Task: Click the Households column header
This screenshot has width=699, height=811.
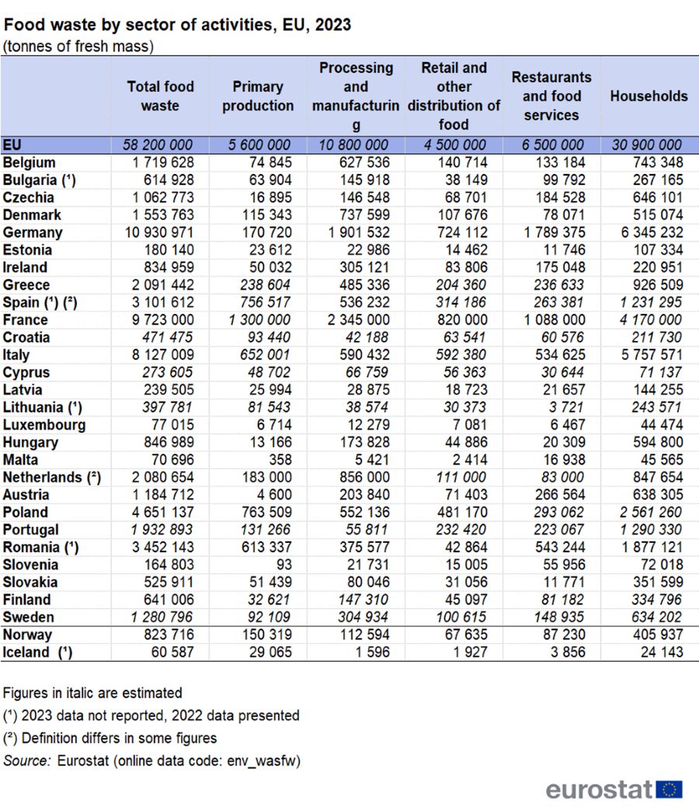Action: click(x=649, y=96)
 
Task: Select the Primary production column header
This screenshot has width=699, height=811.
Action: click(x=258, y=96)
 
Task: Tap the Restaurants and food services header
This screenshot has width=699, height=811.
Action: click(x=551, y=96)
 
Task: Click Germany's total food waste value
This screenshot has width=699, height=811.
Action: click(x=160, y=232)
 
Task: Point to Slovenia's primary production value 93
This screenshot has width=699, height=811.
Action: click(x=283, y=565)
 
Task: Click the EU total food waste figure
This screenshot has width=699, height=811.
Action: click(x=158, y=145)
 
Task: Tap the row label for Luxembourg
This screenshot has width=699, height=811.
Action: click(x=44, y=425)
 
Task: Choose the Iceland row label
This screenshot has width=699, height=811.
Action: click(x=38, y=653)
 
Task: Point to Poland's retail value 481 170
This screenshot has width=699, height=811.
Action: click(x=457, y=513)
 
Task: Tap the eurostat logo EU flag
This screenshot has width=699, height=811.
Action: click(x=669, y=789)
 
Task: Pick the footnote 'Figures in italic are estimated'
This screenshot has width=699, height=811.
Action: click(x=92, y=693)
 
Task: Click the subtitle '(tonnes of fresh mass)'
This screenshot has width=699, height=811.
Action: click(x=78, y=46)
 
